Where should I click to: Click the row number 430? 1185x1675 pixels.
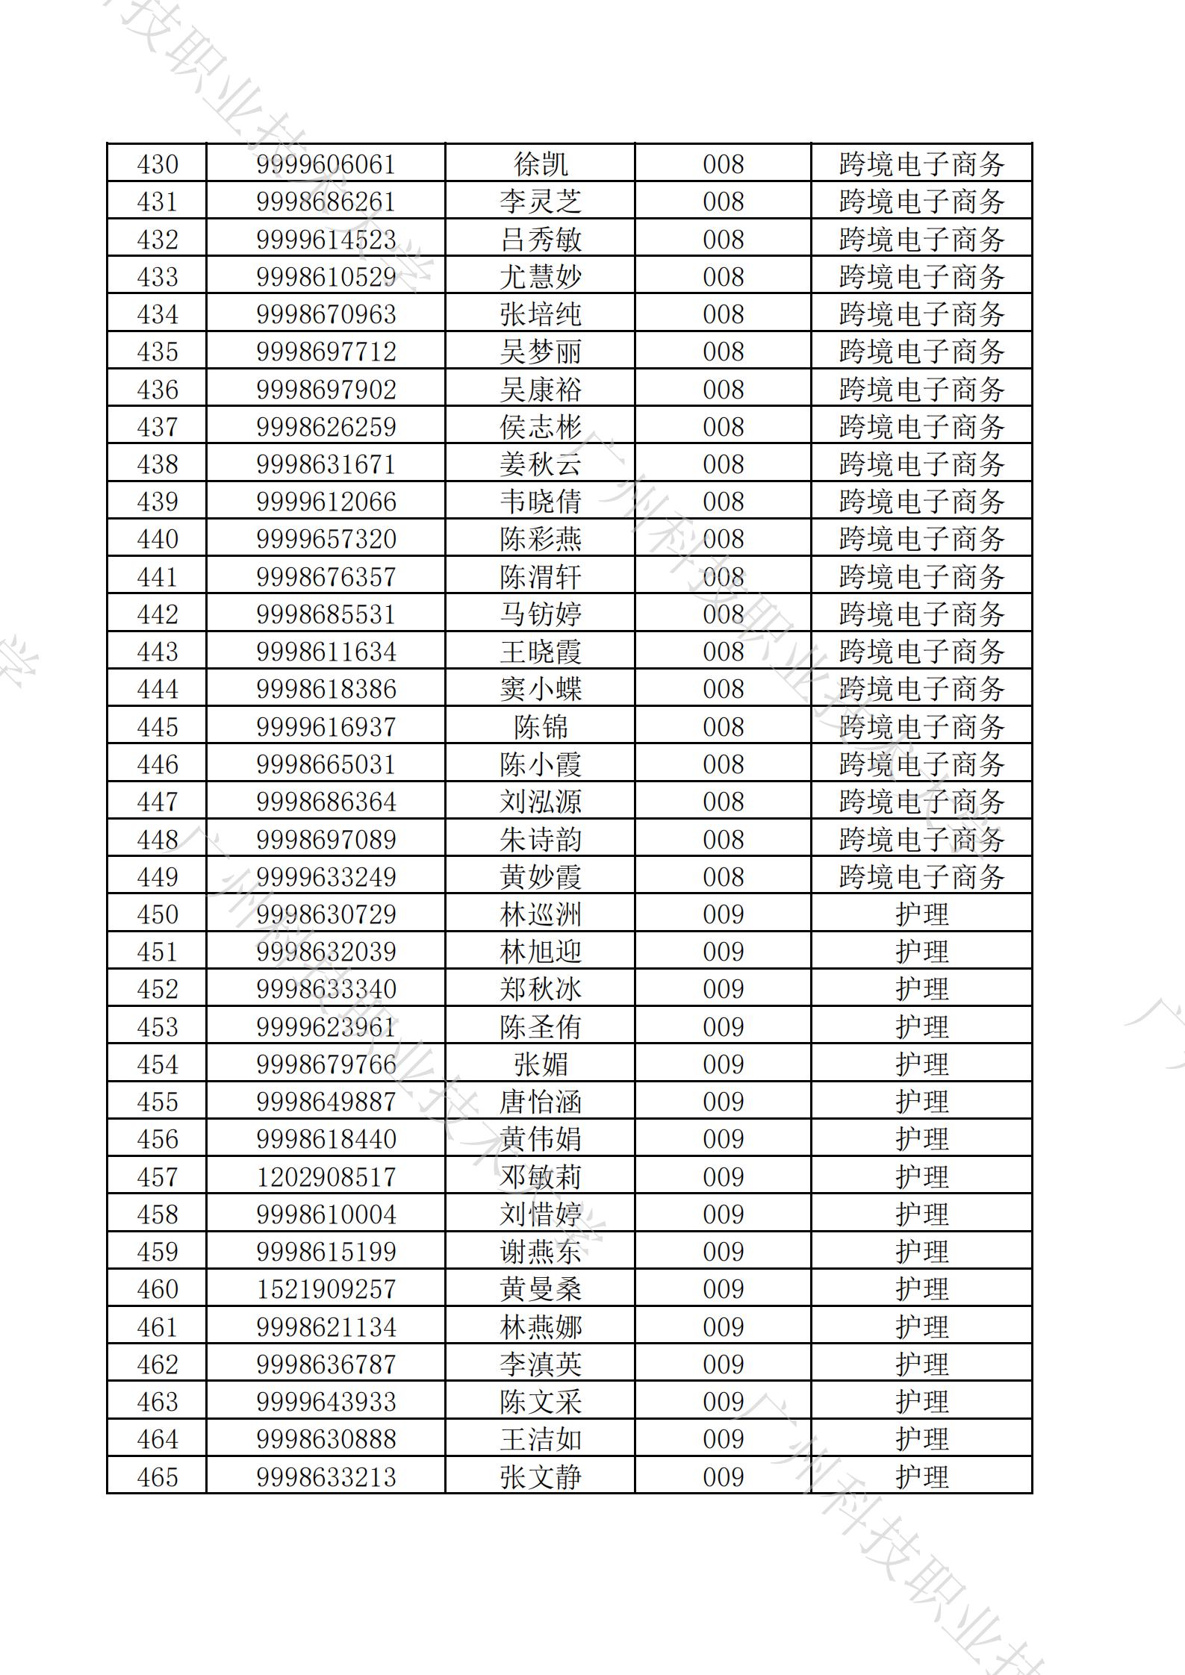158,164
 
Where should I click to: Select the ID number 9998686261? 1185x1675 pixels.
326,202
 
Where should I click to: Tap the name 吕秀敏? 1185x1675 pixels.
540,240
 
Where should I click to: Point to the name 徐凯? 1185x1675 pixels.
540,164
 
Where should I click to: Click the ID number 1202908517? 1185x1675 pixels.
326,1177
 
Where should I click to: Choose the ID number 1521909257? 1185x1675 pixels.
326,1289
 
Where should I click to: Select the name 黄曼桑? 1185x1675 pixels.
540,1289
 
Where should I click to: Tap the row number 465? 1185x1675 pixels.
158,1477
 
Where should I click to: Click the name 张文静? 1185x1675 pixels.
540,1477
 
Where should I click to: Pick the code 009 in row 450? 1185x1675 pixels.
723,914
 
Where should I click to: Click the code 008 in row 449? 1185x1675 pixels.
723,877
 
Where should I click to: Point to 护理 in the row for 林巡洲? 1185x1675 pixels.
921,914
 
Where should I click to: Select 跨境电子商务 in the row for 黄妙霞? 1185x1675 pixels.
921,877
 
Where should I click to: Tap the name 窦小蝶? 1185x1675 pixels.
540,689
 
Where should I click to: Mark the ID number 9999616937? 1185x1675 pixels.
326,727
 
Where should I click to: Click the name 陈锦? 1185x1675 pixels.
540,727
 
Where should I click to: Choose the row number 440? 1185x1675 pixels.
158,539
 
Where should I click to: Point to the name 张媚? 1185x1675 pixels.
540,1064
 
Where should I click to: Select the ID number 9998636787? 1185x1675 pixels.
326,1364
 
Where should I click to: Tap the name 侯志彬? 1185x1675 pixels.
540,427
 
